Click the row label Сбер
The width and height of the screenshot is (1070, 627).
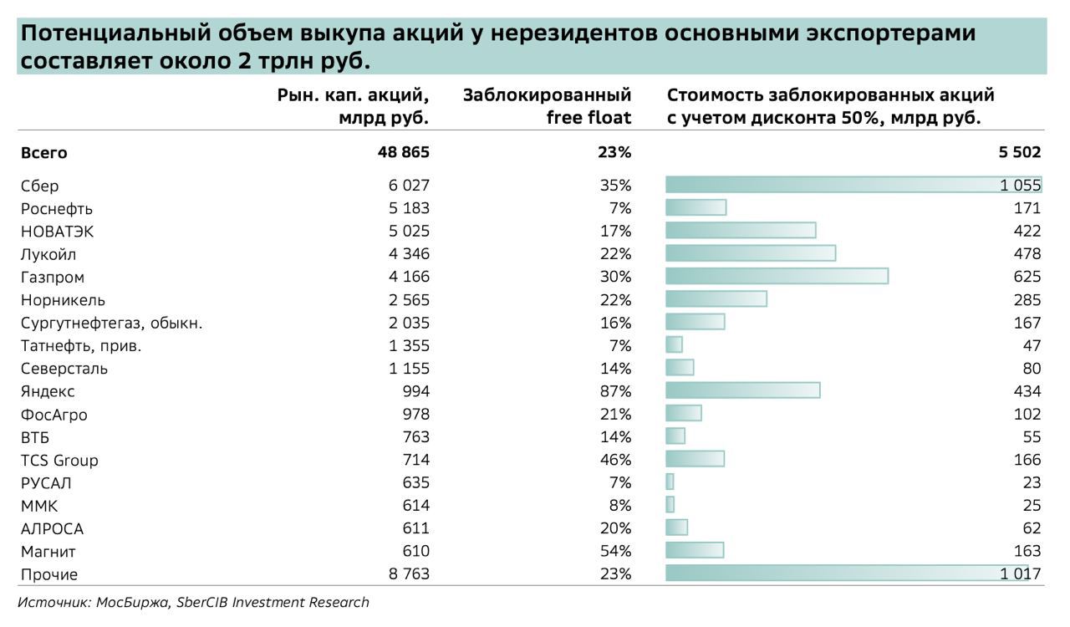[x=39, y=186]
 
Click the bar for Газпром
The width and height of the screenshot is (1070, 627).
[x=777, y=276]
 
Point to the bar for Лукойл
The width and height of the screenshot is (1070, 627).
[x=751, y=253]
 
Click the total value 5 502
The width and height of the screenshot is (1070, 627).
[x=1019, y=152]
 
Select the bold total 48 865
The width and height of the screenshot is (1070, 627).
[x=403, y=152]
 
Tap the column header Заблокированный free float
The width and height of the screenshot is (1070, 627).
[x=547, y=106]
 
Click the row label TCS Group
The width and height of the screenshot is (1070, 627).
[x=59, y=460]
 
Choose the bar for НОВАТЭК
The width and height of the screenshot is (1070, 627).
[x=741, y=230]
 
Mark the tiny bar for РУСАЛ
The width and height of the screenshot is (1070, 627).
[x=670, y=482]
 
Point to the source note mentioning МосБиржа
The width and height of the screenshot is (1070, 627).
[x=193, y=602]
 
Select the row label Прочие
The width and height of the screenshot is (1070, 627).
[x=49, y=574]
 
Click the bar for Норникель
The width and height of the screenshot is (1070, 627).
[x=716, y=298]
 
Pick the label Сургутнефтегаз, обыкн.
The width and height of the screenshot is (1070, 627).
[x=112, y=323]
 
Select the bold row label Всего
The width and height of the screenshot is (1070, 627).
[x=44, y=153]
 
